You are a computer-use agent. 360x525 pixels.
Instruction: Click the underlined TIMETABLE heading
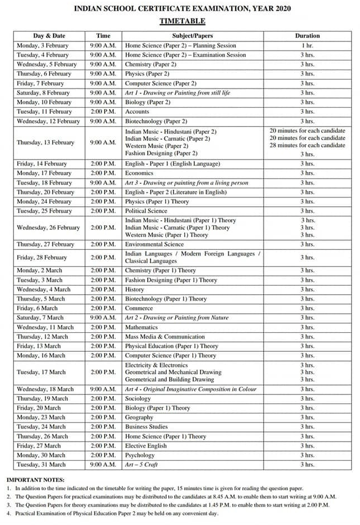coord(183,21)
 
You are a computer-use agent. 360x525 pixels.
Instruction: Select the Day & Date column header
coord(49,36)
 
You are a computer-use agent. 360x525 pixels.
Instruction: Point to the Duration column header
coord(307,36)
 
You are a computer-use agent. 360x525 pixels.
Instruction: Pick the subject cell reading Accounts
coord(137,111)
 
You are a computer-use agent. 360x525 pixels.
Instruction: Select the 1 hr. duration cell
coord(307,45)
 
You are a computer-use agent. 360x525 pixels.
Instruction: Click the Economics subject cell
coord(140,173)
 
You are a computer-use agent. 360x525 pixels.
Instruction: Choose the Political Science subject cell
coord(146,211)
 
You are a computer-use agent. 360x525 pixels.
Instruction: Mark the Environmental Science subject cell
coord(155,244)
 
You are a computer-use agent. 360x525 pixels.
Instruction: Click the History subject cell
coord(135,289)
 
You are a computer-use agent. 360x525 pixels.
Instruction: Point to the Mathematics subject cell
coord(142,327)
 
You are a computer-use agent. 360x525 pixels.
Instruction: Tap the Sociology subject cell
coord(138,398)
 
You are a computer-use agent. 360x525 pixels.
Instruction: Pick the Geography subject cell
coord(139,417)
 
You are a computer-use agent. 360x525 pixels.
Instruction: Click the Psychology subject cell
coord(140,455)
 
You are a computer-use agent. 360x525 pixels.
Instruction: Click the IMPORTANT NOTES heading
coord(35,480)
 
